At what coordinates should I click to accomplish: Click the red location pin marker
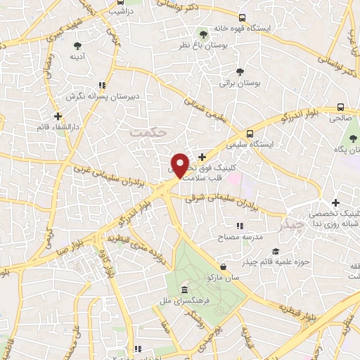(180, 165)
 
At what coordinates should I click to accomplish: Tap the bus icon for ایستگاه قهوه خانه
(243, 18)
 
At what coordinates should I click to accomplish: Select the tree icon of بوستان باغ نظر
(204, 33)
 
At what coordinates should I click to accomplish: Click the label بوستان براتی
(240, 83)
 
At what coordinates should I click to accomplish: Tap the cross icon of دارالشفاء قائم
(58, 115)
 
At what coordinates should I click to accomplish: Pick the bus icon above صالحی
(340, 108)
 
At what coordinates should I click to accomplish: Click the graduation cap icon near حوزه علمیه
(276, 252)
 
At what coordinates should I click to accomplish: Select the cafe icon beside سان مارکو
(223, 267)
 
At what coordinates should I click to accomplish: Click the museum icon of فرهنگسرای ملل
(184, 290)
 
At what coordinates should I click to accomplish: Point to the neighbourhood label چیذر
(290, 225)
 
